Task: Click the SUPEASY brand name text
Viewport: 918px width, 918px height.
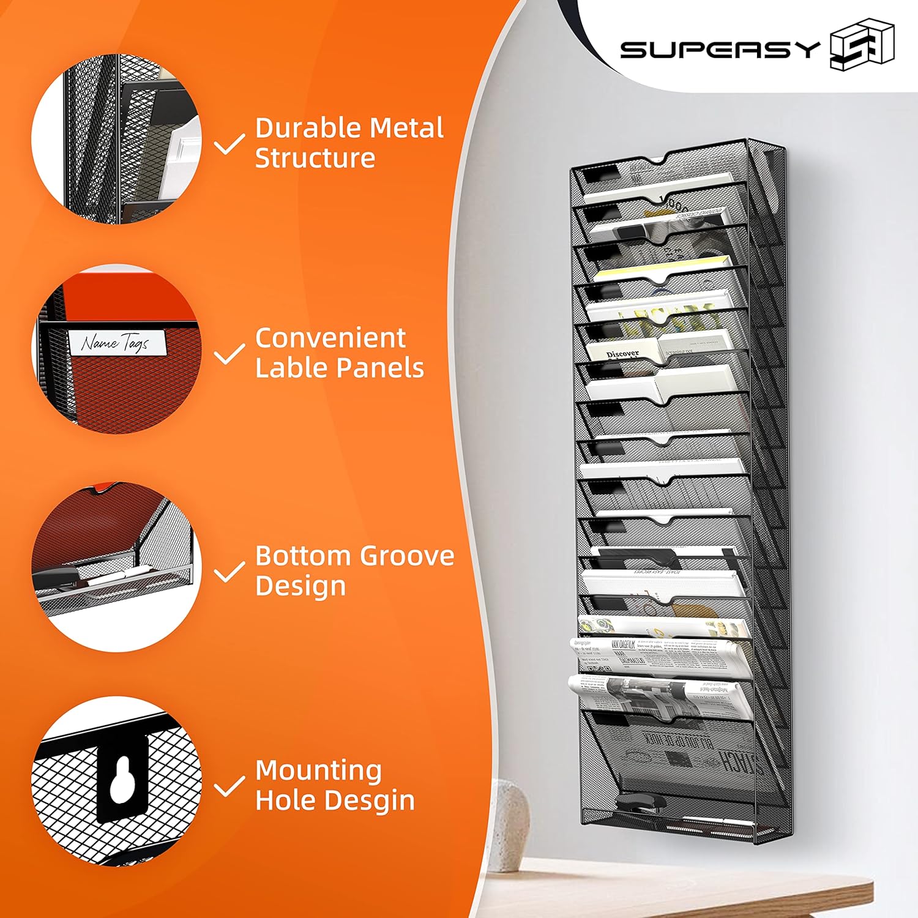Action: pos(720,49)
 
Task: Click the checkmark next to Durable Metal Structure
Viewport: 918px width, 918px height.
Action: pos(229,144)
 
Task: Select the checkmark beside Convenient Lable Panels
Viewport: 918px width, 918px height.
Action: pos(229,354)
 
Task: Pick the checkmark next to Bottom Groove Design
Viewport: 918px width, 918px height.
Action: pos(229,572)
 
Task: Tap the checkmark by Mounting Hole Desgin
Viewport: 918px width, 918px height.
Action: pos(229,786)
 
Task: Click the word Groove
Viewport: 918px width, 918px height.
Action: pos(406,556)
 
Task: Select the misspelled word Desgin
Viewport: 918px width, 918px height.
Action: pos(373,800)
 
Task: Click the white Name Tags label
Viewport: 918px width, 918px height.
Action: pos(116,343)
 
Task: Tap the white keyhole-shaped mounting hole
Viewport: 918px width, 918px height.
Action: pos(122,778)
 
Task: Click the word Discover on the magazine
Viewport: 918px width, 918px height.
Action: pos(622,354)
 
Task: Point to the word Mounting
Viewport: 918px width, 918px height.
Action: pos(318,770)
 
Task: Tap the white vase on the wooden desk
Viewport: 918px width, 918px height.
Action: pos(510,823)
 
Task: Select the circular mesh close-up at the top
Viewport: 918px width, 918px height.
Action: pos(116,138)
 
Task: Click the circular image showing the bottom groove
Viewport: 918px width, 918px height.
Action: pos(116,567)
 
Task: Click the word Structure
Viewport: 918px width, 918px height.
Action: pos(315,159)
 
